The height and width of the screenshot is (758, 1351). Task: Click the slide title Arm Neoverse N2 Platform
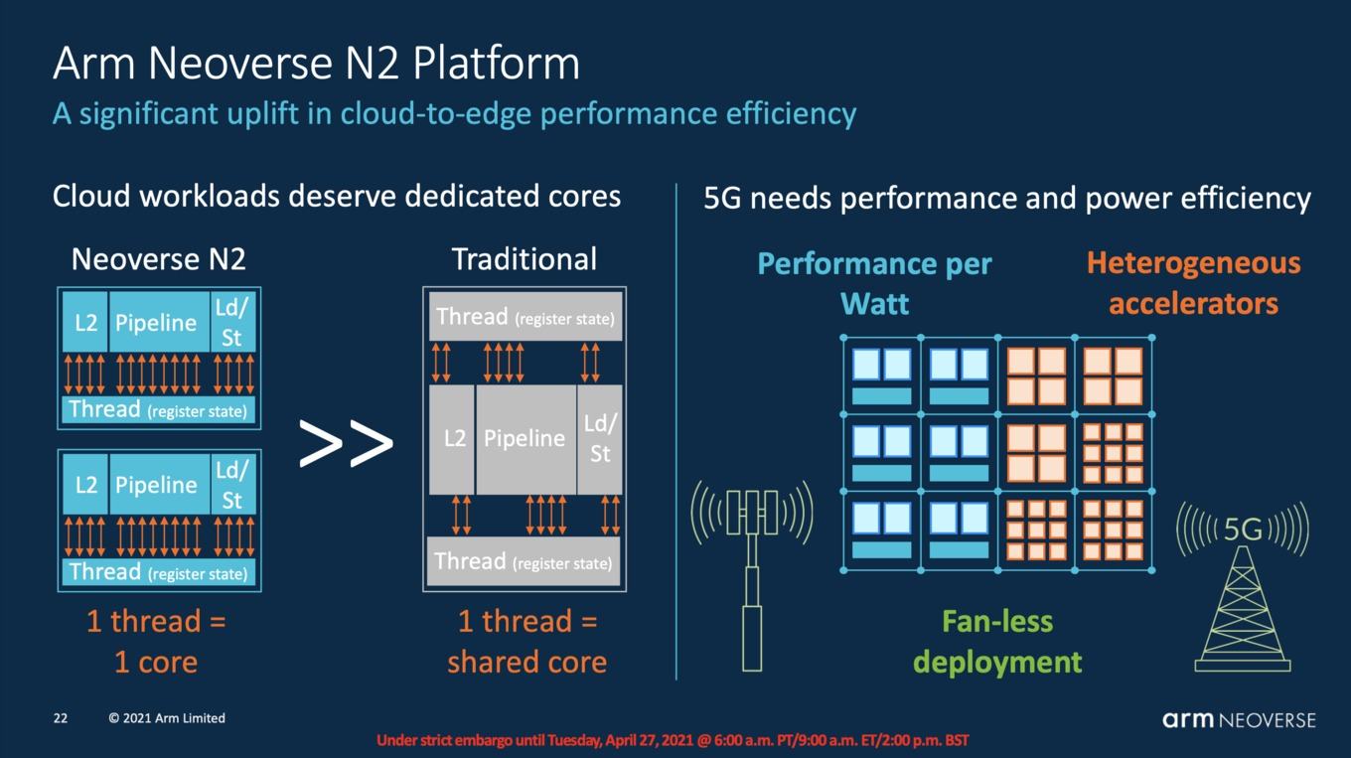(x=316, y=63)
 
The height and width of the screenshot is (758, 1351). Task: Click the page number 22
(x=61, y=718)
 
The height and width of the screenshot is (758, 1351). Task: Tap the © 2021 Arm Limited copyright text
(x=167, y=718)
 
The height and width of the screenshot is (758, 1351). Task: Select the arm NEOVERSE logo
(x=1239, y=719)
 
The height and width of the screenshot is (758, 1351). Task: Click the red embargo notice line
(x=673, y=740)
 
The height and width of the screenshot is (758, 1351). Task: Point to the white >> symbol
(x=346, y=443)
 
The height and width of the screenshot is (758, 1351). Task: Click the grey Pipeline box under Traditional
(x=525, y=440)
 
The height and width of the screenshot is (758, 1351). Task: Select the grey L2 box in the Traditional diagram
(x=452, y=440)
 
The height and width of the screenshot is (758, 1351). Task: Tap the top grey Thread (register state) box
(x=525, y=317)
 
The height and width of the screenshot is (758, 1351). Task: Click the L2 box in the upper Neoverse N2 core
(x=85, y=323)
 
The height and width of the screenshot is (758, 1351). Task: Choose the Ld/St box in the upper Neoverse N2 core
(x=232, y=323)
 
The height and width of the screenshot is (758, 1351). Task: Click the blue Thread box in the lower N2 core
(x=159, y=572)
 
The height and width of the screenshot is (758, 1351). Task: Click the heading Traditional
(x=525, y=259)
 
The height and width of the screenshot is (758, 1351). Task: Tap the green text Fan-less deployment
(x=997, y=642)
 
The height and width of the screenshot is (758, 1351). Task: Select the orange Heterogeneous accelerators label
(x=1194, y=283)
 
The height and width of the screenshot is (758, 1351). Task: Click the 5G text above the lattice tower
(x=1243, y=531)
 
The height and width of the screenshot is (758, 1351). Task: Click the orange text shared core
(x=527, y=662)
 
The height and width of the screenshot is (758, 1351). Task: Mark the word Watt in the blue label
(x=874, y=303)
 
